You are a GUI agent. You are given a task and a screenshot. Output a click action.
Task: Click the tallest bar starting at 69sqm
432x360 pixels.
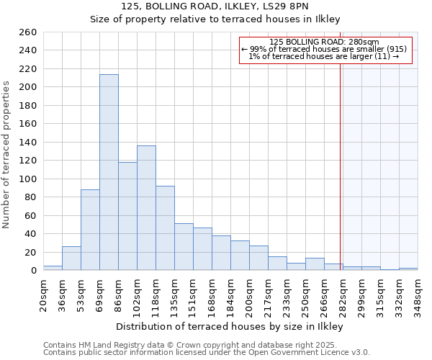(109, 173)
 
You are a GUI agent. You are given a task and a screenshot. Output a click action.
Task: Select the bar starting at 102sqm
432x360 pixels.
(146, 208)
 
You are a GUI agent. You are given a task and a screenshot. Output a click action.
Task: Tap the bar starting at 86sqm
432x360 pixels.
(127, 216)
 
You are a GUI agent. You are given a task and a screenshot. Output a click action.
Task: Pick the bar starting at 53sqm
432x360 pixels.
(90, 230)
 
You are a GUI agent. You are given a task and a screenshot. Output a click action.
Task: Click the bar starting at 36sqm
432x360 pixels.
(71, 258)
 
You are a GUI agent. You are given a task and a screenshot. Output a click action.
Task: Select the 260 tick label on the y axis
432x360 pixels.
(27, 32)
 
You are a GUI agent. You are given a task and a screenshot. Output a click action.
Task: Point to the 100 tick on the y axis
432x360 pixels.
(27, 179)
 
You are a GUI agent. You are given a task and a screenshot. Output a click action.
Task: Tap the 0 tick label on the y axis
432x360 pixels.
(33, 271)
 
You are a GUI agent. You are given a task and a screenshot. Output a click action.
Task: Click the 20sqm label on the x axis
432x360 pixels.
(43, 294)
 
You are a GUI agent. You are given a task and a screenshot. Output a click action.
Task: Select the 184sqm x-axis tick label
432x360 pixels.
(230, 294)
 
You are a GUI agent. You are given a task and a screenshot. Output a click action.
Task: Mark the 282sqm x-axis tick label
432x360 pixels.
(343, 294)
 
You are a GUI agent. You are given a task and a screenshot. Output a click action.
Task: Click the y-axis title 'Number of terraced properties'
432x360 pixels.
(6, 155)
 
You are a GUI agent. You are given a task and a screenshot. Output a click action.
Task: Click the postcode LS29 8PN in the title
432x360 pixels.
(287, 6)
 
